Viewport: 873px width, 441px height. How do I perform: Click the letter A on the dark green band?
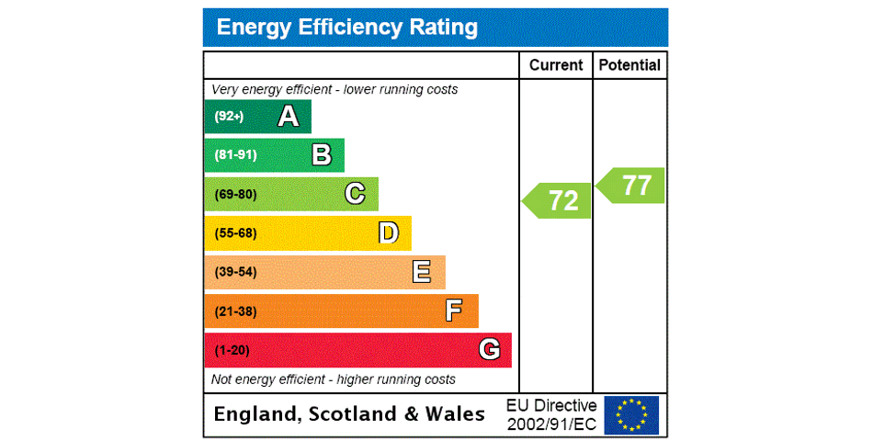(289, 116)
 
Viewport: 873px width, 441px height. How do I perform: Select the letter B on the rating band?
(322, 154)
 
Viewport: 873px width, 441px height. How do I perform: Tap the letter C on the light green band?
(355, 194)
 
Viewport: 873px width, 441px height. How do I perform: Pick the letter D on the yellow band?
(389, 233)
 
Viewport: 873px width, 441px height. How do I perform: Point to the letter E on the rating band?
(422, 272)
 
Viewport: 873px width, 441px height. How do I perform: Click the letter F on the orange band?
(454, 311)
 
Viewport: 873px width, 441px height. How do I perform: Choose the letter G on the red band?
(489, 350)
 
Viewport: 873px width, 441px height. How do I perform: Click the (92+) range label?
(229, 117)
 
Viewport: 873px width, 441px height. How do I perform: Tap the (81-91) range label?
(235, 155)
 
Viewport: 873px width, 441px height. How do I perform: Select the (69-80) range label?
(235, 195)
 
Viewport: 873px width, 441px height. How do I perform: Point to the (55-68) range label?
(235, 233)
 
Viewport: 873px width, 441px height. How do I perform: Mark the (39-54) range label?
(235, 273)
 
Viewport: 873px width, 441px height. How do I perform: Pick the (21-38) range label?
(235, 311)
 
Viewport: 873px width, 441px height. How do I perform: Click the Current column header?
(556, 65)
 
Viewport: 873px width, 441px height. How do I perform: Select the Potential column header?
(629, 65)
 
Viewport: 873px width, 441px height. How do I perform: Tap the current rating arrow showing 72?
(558, 200)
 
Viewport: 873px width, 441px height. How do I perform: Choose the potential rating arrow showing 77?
(631, 186)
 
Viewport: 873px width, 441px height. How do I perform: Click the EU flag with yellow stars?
(631, 414)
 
